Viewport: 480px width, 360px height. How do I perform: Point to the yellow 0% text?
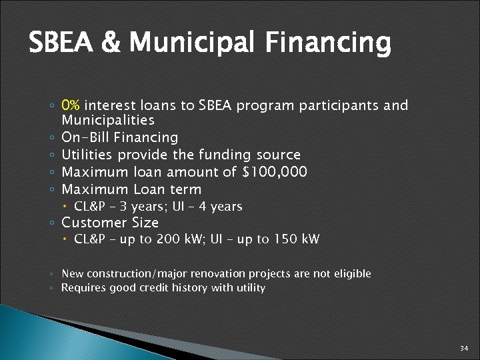click(x=71, y=105)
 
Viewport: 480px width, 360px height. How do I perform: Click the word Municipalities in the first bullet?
click(x=107, y=120)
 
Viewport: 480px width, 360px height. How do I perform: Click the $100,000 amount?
click(x=275, y=172)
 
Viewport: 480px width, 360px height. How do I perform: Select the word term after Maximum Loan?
click(x=185, y=189)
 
